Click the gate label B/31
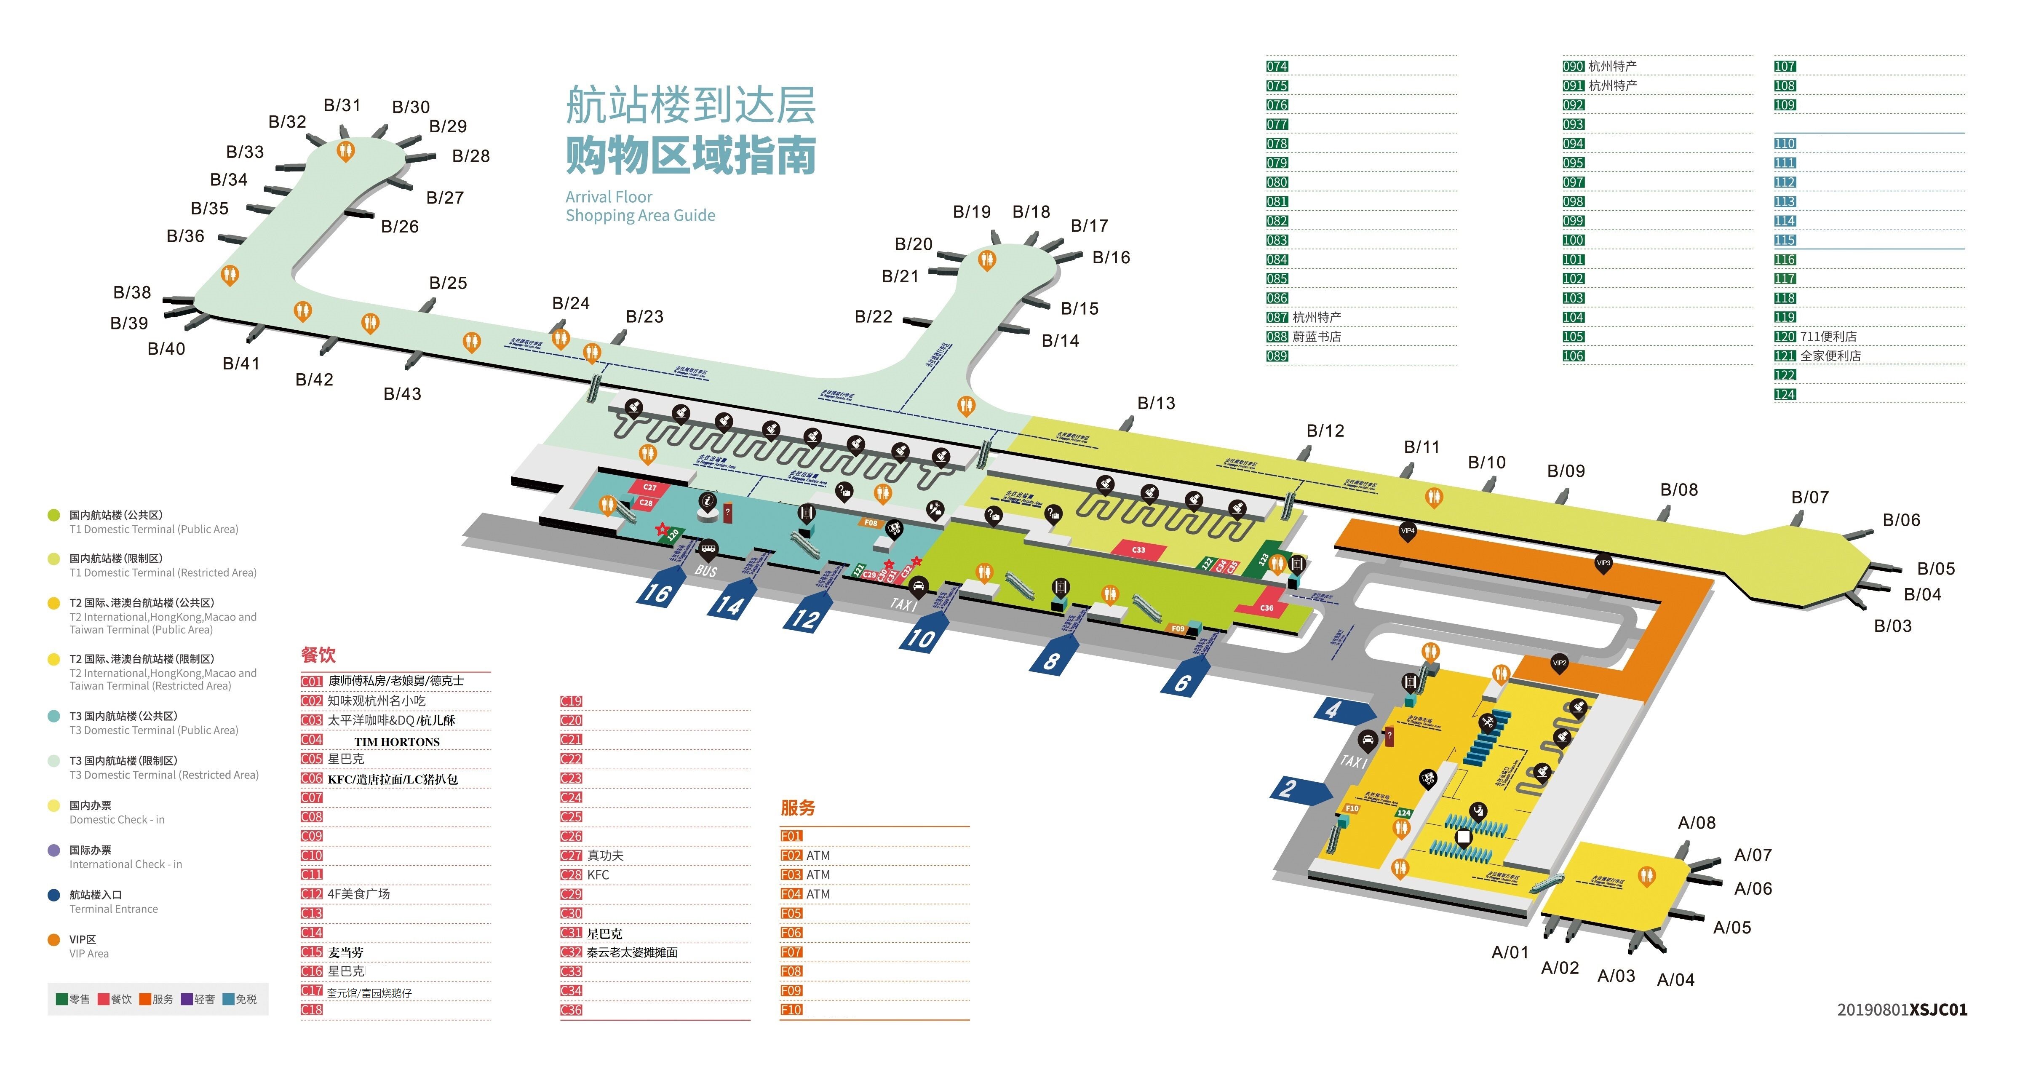342,105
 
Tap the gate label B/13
1156,403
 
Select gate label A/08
1696,823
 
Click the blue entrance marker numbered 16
657,593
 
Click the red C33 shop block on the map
1138,550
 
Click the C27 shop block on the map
650,487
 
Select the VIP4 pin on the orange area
1408,531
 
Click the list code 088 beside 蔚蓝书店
1277,337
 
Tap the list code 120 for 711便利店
1785,337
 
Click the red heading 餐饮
318,655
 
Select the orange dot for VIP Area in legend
53,939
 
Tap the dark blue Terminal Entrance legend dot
53,895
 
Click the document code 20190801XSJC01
1902,1010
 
